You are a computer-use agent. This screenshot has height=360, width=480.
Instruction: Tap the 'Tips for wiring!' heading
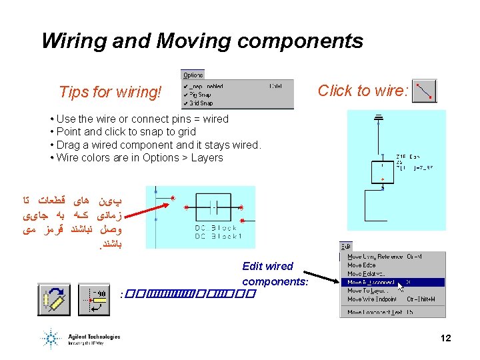coord(110,92)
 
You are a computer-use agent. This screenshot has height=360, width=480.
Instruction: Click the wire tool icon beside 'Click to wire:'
coord(425,91)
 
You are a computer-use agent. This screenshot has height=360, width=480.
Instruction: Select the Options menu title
coord(193,75)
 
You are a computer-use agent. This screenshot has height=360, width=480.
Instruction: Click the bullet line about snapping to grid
coord(127,131)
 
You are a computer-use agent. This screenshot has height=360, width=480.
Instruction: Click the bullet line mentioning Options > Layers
coord(140,157)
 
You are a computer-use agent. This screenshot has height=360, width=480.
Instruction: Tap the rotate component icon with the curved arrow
coord(55,300)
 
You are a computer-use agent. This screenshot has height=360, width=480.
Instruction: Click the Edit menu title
coord(346,247)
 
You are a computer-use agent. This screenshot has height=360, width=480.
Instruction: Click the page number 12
coord(445,338)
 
